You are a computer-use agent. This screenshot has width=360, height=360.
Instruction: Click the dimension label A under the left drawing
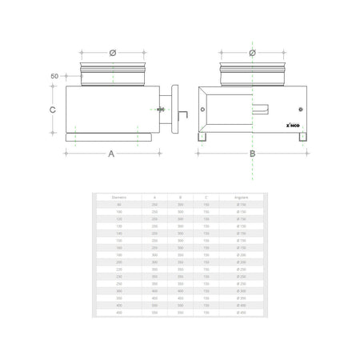(111, 154)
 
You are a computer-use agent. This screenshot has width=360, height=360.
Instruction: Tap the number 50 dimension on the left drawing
(54, 76)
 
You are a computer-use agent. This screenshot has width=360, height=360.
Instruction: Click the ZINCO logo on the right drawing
(293, 126)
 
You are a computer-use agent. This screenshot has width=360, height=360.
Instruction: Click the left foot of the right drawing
(204, 138)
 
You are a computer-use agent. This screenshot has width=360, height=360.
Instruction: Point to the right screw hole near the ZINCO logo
(301, 109)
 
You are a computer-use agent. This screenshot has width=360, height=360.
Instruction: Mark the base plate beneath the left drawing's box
(107, 137)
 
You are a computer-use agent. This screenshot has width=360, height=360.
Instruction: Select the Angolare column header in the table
(242, 196)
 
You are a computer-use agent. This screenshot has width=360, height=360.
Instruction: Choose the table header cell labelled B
(180, 196)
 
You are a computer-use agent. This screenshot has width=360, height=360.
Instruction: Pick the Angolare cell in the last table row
(242, 314)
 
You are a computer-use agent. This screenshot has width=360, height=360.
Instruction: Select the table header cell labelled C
(206, 196)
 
